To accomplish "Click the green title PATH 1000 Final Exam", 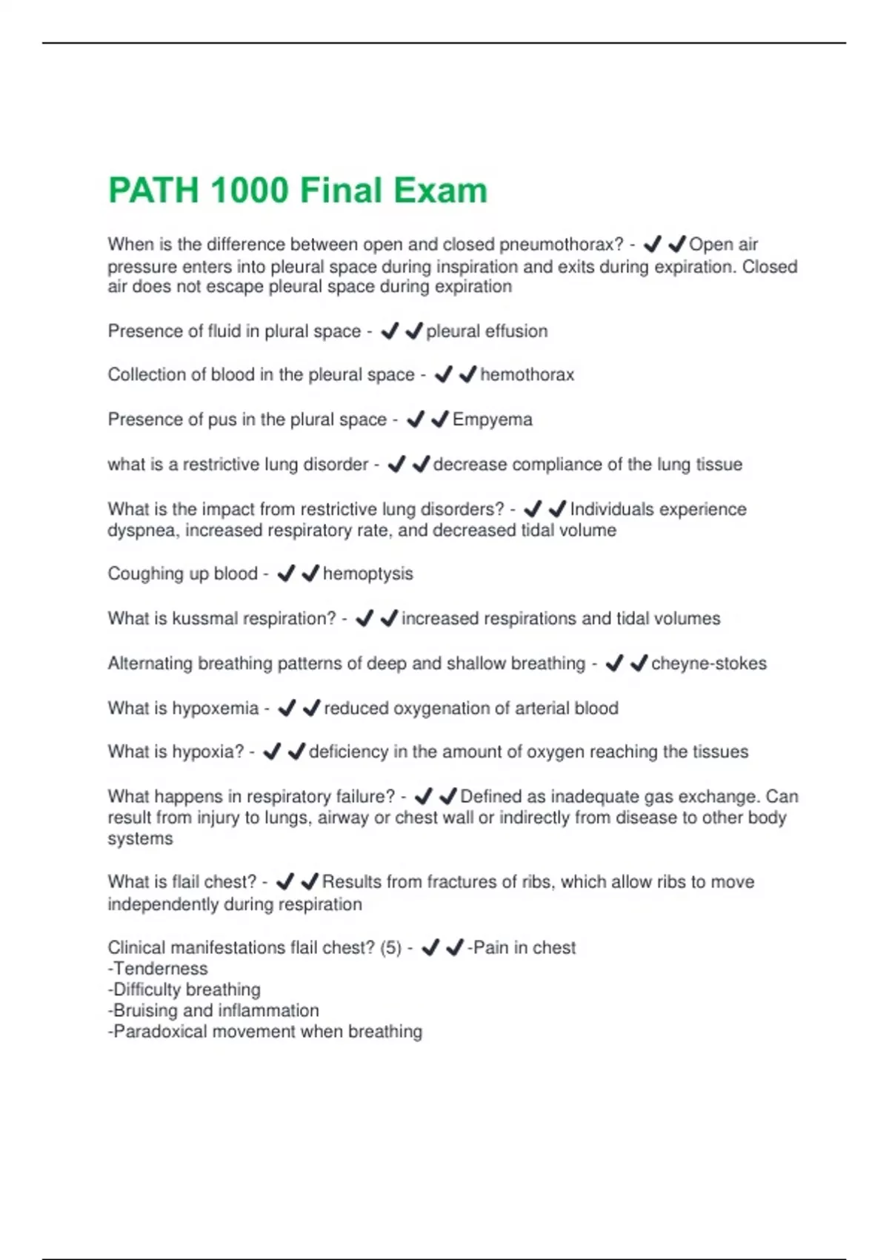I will point(298,190).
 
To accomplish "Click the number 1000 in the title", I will point(249,190).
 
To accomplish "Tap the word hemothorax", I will point(527,375).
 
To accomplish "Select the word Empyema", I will point(492,420).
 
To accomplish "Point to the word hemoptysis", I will point(367,574).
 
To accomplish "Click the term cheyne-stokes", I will point(708,663).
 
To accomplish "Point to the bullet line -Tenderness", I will point(158,969).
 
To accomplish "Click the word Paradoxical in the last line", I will point(159,1032).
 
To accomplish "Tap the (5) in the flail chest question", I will point(390,948).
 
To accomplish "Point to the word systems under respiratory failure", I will point(140,839).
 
